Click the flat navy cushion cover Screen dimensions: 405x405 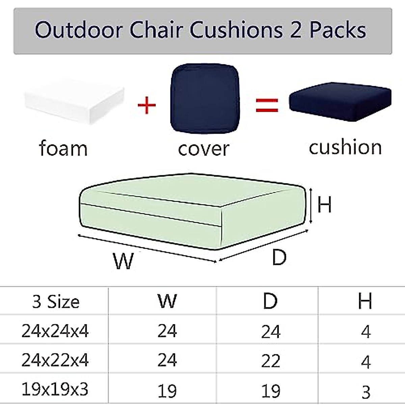click(x=205, y=99)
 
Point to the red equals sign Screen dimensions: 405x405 click(x=267, y=105)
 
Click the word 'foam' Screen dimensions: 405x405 click(x=63, y=148)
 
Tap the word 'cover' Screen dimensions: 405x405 click(x=204, y=149)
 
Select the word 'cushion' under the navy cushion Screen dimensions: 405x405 click(x=345, y=147)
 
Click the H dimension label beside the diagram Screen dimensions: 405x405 click(x=325, y=205)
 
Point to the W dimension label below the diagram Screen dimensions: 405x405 click(x=123, y=261)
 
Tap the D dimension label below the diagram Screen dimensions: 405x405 click(x=279, y=257)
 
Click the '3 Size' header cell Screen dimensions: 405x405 click(x=56, y=301)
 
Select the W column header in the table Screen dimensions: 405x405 click(x=167, y=300)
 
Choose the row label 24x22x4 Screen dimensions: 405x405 click(x=55, y=360)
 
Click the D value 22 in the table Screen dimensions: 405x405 click(x=271, y=361)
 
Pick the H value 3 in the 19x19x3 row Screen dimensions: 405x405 click(x=366, y=392)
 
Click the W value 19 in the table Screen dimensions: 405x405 click(x=167, y=391)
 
